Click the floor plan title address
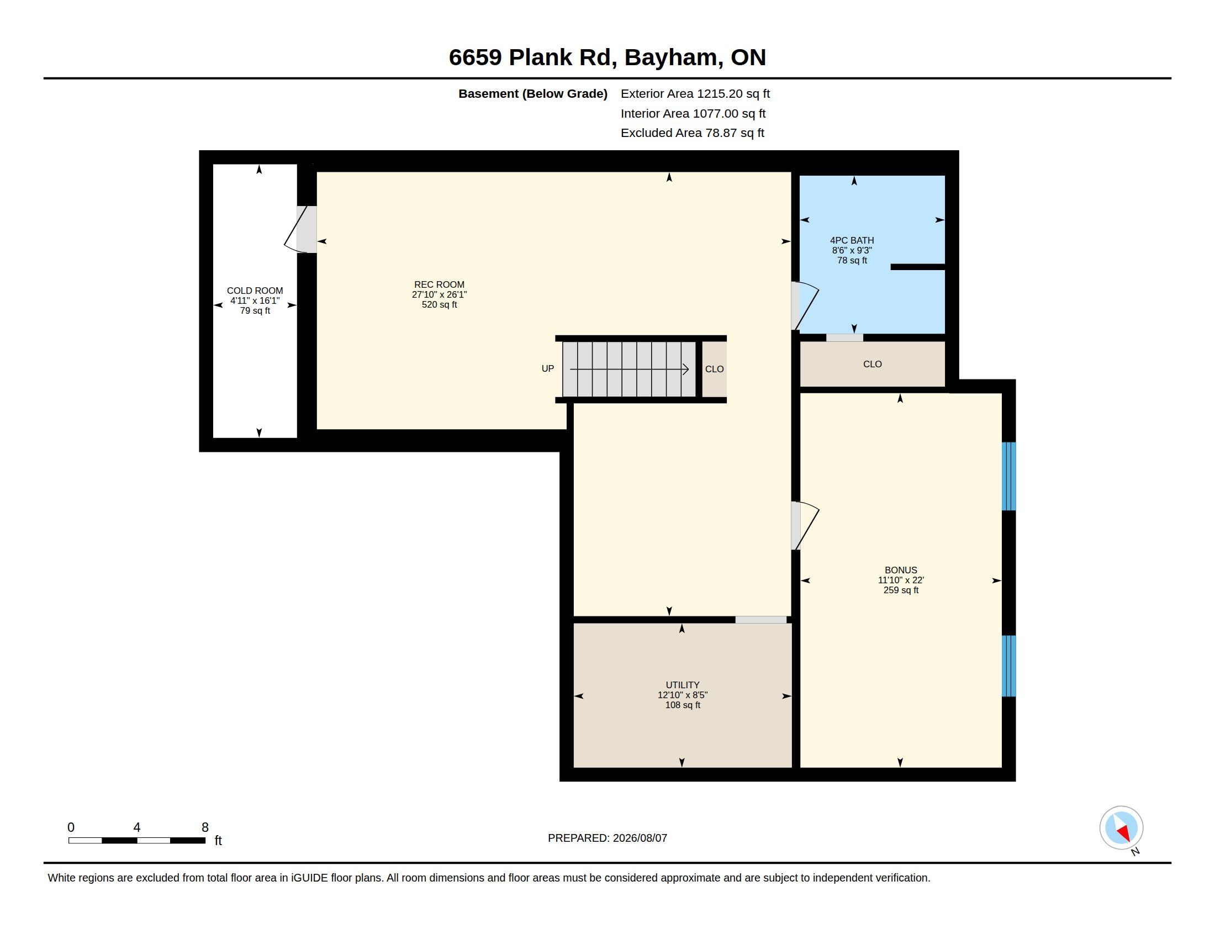(607, 57)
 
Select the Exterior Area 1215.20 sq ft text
(695, 93)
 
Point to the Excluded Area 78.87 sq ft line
(692, 133)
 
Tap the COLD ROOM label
(255, 291)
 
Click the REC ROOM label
(439, 284)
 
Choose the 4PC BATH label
(852, 240)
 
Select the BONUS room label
(901, 570)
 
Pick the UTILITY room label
(683, 685)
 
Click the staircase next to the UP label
(628, 369)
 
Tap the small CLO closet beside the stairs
(714, 369)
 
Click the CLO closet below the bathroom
(872, 364)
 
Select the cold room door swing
(300, 230)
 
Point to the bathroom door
(805, 305)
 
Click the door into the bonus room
(805, 526)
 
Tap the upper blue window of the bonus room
(1008, 476)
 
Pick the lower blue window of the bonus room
(1008, 666)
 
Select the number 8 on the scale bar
(205, 827)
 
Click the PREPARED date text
(607, 838)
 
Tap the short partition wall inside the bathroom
(918, 267)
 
